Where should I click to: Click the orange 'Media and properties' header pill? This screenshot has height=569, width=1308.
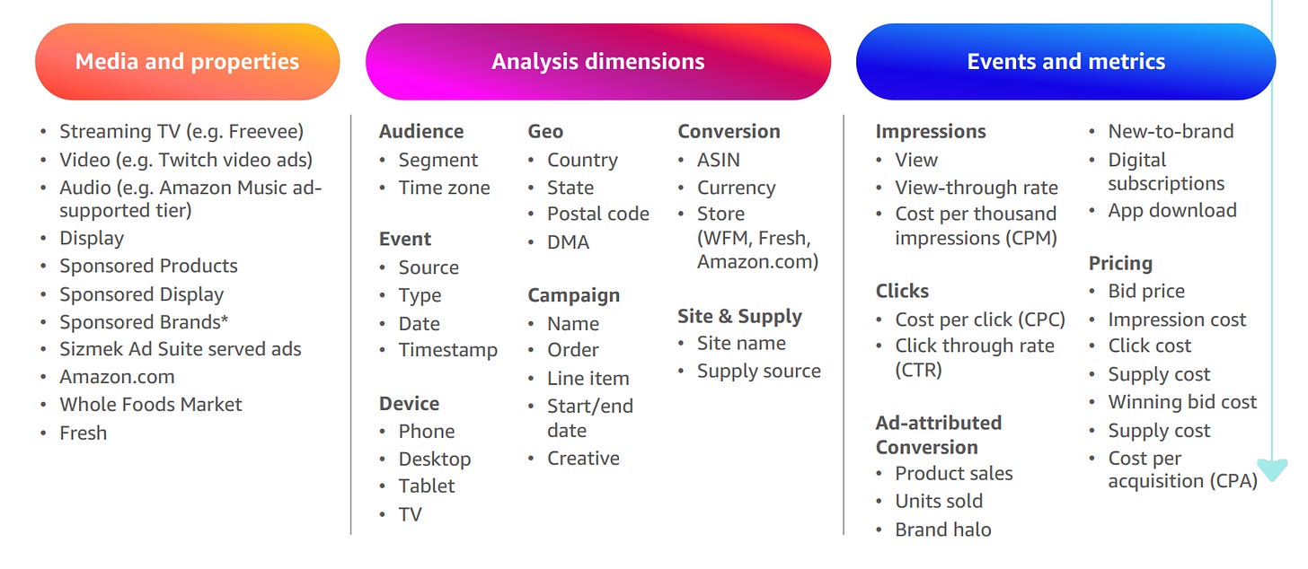[188, 61]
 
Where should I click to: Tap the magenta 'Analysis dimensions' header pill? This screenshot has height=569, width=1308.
[598, 61]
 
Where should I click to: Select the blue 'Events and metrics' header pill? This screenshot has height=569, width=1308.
[1065, 61]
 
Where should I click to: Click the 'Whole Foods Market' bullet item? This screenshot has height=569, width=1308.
[151, 405]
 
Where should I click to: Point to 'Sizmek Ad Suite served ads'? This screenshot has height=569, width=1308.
[181, 349]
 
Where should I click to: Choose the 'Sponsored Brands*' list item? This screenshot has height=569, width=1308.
[144, 322]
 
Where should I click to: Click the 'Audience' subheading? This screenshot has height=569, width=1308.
[421, 131]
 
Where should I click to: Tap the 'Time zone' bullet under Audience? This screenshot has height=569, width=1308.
[445, 188]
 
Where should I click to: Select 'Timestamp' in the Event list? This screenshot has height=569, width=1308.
[448, 350]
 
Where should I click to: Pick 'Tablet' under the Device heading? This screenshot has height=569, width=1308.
[427, 486]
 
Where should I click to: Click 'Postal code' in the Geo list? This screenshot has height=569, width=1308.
[598, 214]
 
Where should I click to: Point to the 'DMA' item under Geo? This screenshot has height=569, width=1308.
[568, 242]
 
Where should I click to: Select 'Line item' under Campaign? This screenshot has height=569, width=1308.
[588, 379]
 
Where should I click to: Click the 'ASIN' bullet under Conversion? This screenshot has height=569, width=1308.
[719, 160]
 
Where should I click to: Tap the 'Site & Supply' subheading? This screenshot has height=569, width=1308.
[740, 316]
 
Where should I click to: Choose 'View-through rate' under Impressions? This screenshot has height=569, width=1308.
[977, 188]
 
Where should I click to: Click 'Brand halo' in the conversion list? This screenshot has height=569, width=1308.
[943, 530]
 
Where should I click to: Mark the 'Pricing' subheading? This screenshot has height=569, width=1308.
[1120, 264]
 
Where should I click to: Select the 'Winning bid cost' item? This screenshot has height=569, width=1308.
[1182, 402]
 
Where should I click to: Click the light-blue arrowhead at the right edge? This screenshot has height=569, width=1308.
[1272, 468]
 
